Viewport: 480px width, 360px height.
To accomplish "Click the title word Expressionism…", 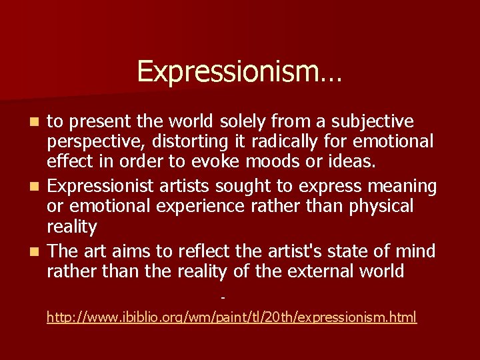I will [x=239, y=71].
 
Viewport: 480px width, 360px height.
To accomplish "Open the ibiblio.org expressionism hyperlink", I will [x=231, y=317].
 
